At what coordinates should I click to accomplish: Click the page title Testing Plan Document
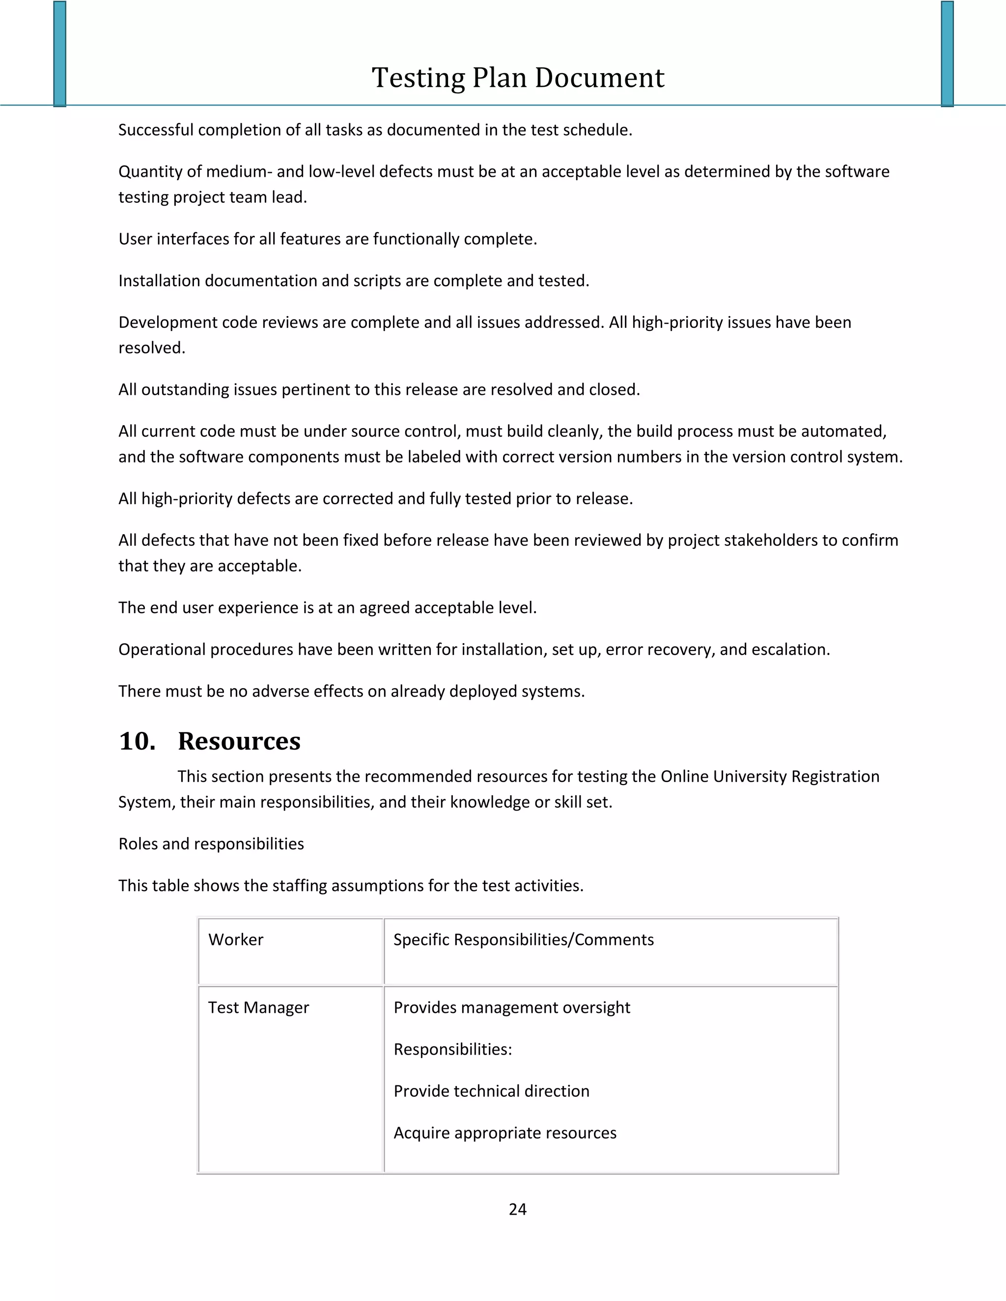point(517,78)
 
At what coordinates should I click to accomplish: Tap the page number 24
point(517,1209)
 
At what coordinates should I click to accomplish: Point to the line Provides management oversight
point(511,1007)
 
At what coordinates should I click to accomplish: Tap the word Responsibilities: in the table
point(452,1049)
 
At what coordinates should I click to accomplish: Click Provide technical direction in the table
point(491,1091)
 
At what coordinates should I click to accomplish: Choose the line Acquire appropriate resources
point(505,1133)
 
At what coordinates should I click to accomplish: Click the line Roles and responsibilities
point(211,843)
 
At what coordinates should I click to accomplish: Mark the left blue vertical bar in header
point(59,54)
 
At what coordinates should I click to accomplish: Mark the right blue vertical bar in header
point(948,54)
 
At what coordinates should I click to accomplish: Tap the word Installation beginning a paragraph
point(159,280)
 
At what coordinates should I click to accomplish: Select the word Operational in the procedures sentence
point(162,650)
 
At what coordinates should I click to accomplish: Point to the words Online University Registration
point(770,776)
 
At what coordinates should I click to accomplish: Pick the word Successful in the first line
point(156,130)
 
